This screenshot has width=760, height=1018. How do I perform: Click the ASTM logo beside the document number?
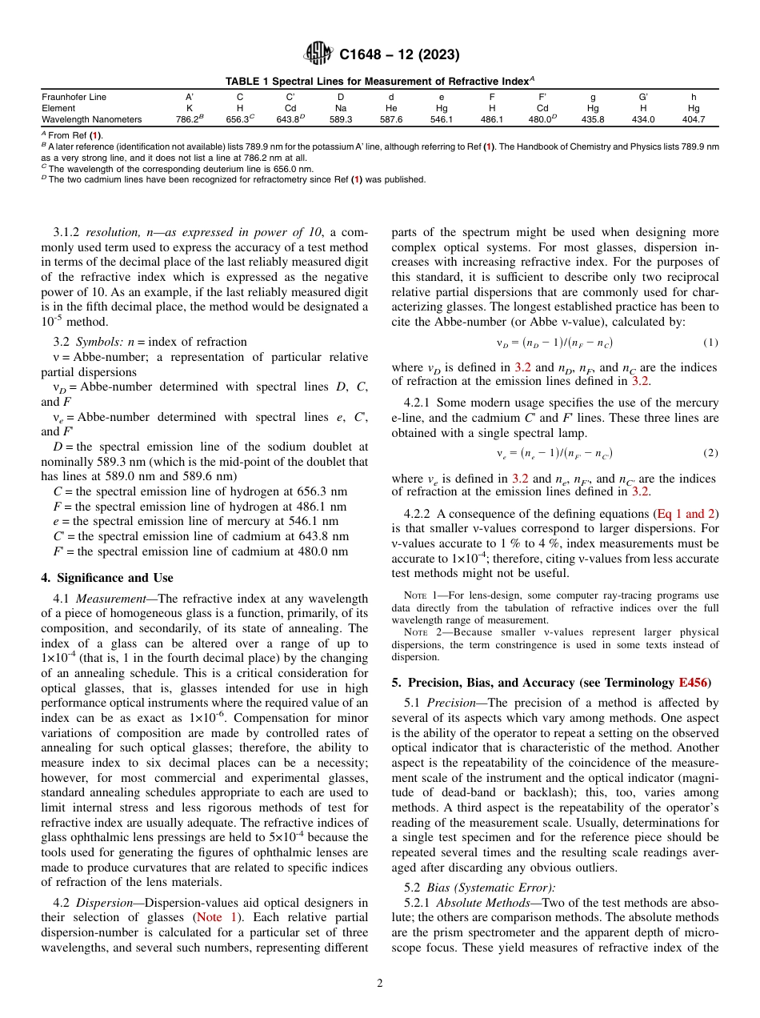pos(318,54)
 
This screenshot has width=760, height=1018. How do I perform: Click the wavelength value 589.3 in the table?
pos(341,119)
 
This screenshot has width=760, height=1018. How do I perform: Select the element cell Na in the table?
pos(341,108)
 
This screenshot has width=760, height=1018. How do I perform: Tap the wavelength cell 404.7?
pos(694,119)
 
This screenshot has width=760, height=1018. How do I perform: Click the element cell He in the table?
pos(391,108)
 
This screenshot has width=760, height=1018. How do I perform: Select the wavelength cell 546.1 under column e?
pos(442,119)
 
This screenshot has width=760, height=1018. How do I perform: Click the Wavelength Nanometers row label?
pos(91,119)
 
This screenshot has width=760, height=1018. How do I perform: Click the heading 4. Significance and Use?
pos(106,577)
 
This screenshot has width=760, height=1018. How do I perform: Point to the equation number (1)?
pos(710,343)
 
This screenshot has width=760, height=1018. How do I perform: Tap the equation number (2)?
pos(710,452)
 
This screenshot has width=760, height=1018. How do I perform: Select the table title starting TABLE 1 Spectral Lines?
pos(379,81)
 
